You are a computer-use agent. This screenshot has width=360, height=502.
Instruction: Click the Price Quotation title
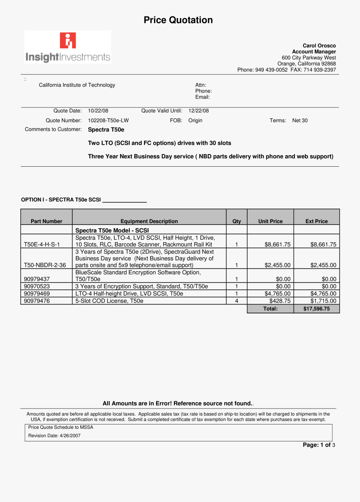[x=178, y=20]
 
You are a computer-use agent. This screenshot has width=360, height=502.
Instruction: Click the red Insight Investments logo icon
[x=68, y=41]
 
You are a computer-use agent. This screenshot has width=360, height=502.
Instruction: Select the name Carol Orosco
[x=319, y=46]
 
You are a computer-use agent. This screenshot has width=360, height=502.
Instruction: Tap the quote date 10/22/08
[x=98, y=111]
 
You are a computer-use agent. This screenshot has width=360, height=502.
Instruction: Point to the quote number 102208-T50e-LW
[x=108, y=120]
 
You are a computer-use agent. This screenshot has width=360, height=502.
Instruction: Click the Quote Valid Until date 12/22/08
[x=198, y=111]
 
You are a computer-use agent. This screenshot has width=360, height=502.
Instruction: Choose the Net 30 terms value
[x=300, y=120]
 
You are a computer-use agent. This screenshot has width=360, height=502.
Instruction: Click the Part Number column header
[x=46, y=221]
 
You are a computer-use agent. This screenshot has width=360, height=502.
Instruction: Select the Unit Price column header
[x=270, y=221]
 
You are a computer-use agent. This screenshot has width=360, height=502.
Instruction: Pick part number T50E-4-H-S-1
[x=42, y=245]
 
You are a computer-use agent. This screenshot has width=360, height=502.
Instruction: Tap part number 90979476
[x=37, y=301]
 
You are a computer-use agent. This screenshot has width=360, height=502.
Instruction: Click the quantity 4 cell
[x=237, y=301]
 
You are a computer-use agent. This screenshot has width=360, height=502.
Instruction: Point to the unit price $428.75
[x=280, y=301]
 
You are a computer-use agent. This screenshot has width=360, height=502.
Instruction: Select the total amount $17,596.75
[x=316, y=309]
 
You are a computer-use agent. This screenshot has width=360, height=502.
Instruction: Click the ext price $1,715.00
[x=323, y=301]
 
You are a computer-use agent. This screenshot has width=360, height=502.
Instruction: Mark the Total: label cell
[x=270, y=309]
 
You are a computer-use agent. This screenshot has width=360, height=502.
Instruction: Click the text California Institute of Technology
[x=77, y=85]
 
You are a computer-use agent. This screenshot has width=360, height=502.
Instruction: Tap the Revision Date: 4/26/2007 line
[x=54, y=436]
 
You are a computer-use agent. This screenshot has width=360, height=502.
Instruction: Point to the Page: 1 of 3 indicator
[x=319, y=445]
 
